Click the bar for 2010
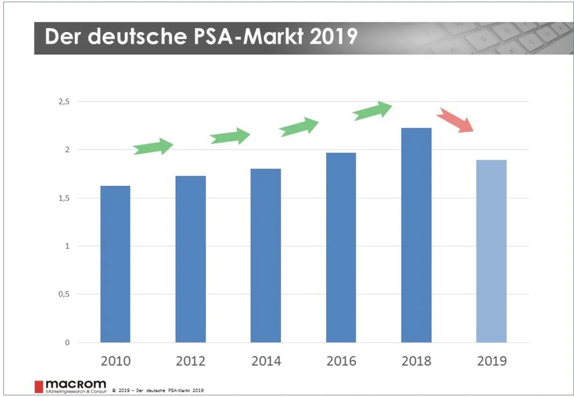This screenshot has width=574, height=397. [x=115, y=264]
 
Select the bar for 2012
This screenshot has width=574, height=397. [x=190, y=259]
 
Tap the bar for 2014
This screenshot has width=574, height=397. [x=265, y=256]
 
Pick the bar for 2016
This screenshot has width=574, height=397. [x=341, y=247]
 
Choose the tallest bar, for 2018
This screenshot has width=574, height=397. [x=416, y=235]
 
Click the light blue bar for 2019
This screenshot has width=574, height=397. [x=491, y=251]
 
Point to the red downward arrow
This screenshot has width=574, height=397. [x=456, y=120]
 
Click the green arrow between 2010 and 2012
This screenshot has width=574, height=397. [x=154, y=147]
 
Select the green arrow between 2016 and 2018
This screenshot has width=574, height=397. [x=372, y=111]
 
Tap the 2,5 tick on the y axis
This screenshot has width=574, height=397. [x=63, y=102]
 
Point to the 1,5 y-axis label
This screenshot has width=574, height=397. [x=63, y=198]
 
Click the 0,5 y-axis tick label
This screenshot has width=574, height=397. [x=63, y=294]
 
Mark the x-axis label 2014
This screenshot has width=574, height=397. [x=266, y=361]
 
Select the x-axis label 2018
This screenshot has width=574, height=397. [x=417, y=361]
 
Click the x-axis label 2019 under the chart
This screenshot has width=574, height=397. [x=492, y=361]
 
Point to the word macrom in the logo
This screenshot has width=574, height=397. [x=76, y=384]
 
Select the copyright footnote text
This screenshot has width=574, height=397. [x=158, y=390]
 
